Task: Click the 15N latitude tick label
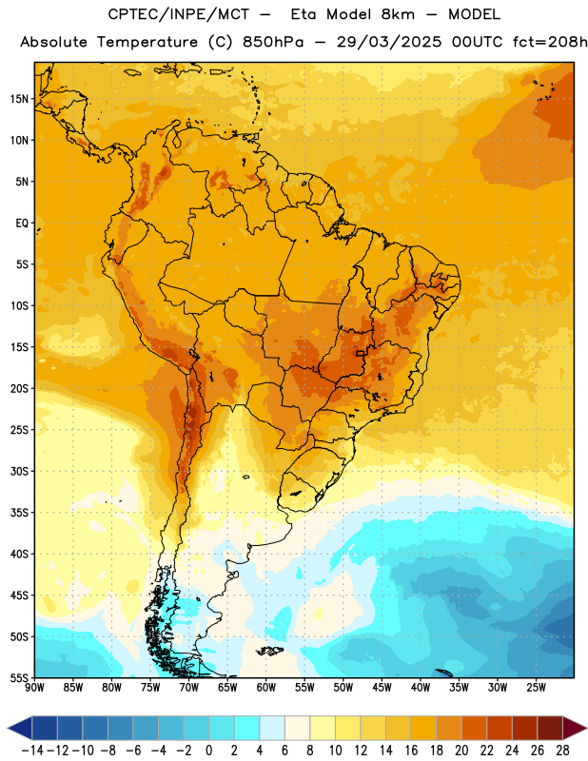tap(19, 99)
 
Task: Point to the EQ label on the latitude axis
tap(22, 224)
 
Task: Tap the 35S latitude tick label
tap(19, 513)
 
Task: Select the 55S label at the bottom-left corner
tap(19, 677)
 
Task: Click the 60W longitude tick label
tap(266, 687)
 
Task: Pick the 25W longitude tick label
tap(536, 687)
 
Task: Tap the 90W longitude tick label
tap(34, 687)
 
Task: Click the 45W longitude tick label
tap(382, 687)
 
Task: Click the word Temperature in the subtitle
tap(147, 43)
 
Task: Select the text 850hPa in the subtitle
tap(273, 42)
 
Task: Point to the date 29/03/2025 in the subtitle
tap(389, 42)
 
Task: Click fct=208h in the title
tap(550, 42)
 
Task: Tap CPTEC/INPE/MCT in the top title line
tap(178, 14)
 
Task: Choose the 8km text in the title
tap(398, 14)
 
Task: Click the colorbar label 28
tap(562, 751)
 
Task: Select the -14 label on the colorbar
tap(32, 751)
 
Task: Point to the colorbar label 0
tap(208, 751)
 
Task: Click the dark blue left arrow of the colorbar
tap(20, 729)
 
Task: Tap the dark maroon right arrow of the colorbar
tap(575, 729)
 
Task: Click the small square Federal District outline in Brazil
tap(361, 353)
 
